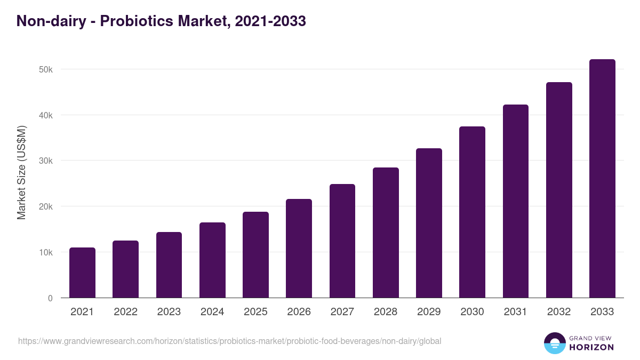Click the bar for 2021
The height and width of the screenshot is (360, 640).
point(82,273)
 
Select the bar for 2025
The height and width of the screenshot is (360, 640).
point(255,255)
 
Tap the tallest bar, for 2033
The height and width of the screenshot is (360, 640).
point(602,179)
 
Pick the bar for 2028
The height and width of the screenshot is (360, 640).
point(386,233)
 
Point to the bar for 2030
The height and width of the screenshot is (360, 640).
point(472,212)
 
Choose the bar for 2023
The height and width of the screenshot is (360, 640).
point(169,265)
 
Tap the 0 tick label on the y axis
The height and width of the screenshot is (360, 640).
point(50,298)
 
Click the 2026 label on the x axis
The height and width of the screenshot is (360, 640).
point(299,312)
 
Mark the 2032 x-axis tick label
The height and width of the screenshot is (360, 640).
point(559,312)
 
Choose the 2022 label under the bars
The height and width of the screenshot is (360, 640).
point(125,312)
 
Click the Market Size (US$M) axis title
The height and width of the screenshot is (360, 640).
point(21,172)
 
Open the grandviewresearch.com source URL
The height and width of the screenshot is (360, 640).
point(229,341)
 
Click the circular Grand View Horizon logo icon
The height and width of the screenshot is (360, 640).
point(554,343)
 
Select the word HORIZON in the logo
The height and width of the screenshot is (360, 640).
point(591,347)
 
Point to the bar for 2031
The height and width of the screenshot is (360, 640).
point(516,201)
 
